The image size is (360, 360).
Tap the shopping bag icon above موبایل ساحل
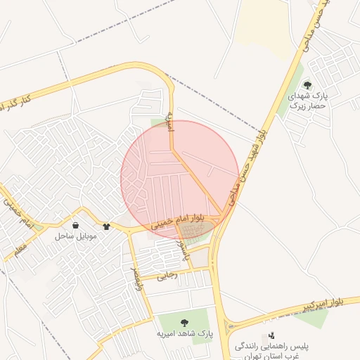[75, 226]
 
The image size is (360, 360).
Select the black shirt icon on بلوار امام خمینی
[106, 226]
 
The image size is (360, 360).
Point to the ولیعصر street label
[136, 276]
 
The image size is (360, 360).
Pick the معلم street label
[20, 245]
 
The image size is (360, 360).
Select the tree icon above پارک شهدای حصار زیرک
[307, 85]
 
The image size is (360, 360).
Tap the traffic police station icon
[271, 335]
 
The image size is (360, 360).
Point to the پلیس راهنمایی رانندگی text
[267, 347]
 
